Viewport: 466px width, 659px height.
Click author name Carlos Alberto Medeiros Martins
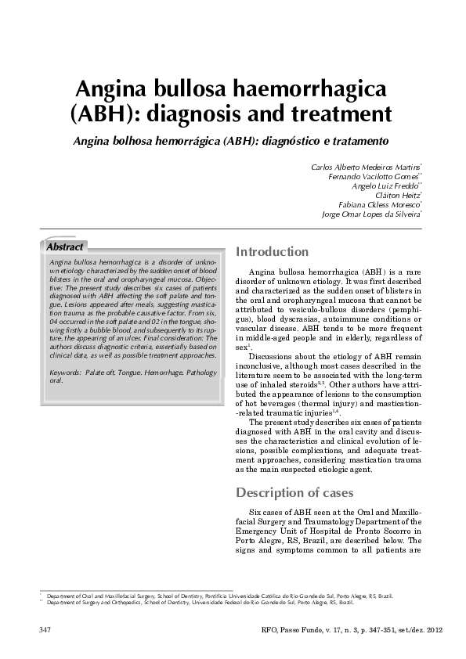[366, 167]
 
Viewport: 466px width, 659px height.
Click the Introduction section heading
[272, 252]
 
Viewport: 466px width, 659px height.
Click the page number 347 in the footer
[46, 629]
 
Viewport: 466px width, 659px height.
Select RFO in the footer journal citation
[265, 629]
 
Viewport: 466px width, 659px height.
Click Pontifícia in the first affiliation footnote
[218, 596]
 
